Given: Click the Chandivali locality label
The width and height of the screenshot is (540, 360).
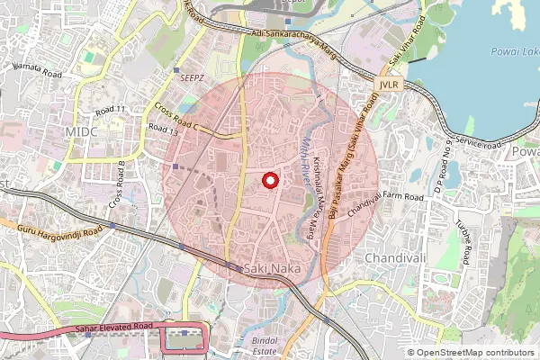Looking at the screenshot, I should [x=394, y=257].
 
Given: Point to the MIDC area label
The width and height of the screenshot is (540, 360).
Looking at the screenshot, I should [x=80, y=131].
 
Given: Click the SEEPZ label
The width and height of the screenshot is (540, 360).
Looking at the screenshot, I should [x=192, y=78].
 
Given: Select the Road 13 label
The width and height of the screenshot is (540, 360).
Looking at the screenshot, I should [x=165, y=130].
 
